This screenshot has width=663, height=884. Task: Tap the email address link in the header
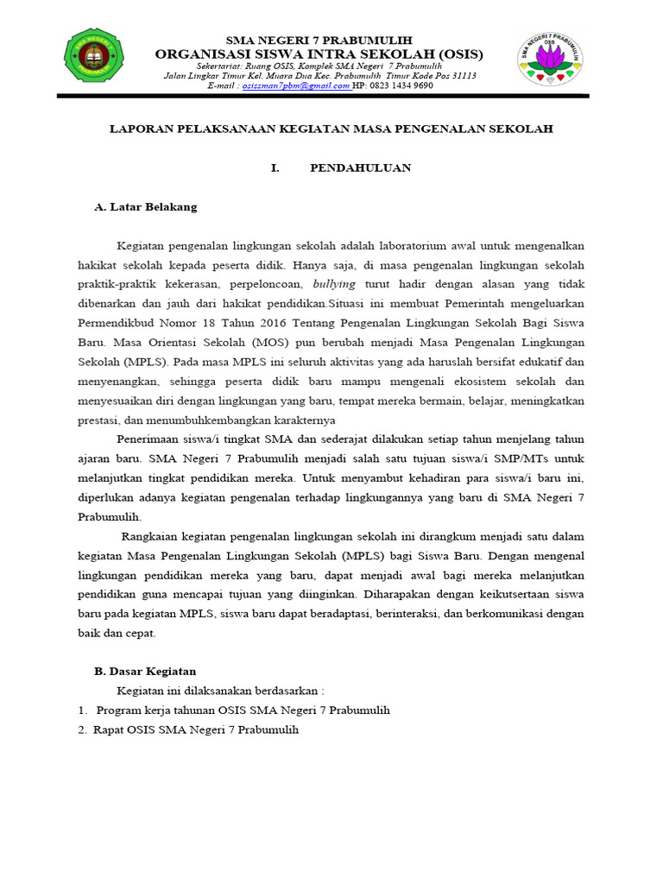point(296,86)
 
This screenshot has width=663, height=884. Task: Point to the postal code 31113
point(460,76)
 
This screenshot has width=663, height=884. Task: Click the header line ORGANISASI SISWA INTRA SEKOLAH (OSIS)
point(319,54)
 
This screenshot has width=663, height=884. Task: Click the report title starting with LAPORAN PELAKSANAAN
point(331,129)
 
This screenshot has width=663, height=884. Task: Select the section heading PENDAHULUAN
point(360,167)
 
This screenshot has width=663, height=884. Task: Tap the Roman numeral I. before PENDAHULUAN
point(275,167)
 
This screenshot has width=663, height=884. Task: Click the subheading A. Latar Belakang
point(145,207)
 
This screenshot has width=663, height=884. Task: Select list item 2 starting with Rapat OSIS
point(196,729)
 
